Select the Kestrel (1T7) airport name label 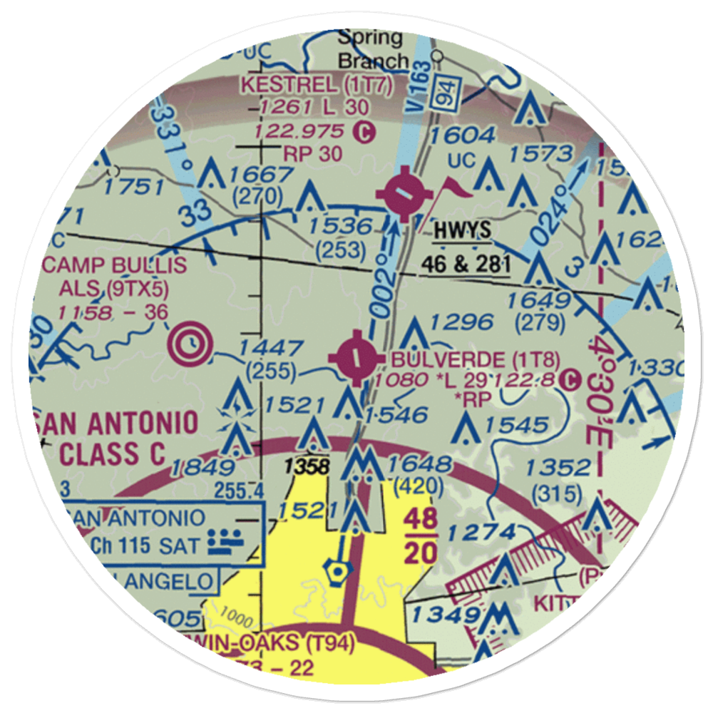[x=317, y=85]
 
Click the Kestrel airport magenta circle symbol [x=404, y=195]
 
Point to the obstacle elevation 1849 [x=203, y=468]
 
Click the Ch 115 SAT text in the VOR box [x=146, y=545]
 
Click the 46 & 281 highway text [x=465, y=264]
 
